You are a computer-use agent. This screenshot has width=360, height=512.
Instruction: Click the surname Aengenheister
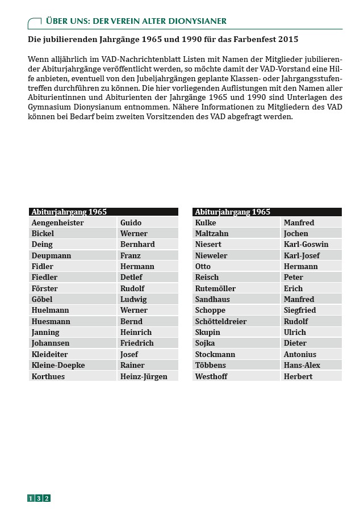57,223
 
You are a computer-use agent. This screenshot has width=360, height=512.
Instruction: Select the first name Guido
131,223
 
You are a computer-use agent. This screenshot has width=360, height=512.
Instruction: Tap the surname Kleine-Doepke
58,365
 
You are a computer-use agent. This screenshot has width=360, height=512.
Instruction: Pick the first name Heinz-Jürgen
144,376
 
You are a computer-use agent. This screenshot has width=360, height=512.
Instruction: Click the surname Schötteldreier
221,321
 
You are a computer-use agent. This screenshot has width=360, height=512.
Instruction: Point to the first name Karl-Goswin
306,244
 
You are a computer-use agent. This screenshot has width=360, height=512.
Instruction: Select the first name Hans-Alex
302,365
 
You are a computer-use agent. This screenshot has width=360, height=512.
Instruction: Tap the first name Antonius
300,354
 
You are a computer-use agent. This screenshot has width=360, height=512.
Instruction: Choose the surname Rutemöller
215,288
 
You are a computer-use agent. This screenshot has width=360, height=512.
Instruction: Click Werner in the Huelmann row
133,310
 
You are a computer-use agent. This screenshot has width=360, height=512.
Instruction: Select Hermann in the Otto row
300,266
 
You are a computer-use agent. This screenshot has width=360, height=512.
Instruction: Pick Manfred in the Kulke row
299,223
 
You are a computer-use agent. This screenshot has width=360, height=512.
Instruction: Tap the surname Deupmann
51,255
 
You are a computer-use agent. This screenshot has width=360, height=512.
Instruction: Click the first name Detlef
131,277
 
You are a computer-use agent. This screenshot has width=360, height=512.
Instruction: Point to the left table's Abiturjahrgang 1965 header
69,212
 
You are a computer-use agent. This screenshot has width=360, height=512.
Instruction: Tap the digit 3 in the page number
39,498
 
